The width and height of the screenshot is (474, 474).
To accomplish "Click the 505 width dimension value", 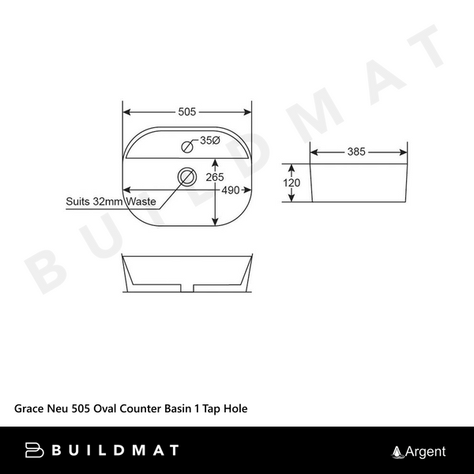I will tap(187, 111).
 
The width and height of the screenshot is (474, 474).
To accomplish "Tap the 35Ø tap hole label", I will tap(208, 141).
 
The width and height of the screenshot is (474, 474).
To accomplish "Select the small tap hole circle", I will tap(188, 145).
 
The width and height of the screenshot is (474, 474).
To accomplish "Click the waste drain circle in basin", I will tap(187, 176).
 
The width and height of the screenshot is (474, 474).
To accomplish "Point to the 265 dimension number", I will tap(214, 177).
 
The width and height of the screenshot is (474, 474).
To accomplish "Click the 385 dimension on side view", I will tap(355, 152).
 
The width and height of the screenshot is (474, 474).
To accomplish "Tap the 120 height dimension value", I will tap(292, 183).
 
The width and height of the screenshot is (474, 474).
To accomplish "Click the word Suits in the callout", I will tap(78, 202).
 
